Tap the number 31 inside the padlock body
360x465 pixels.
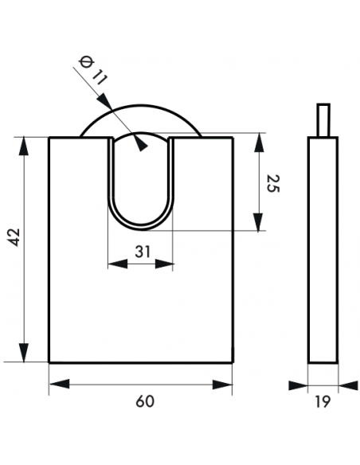[143, 251]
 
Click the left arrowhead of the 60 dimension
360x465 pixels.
[56, 385]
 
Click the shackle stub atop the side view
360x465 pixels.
[323, 120]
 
